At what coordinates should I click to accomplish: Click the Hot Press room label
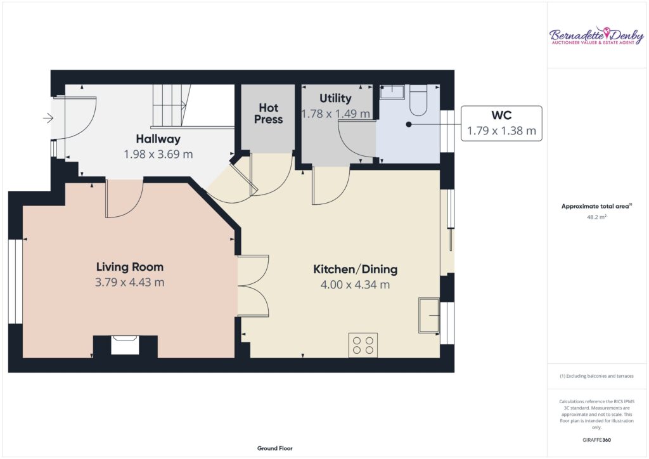pos(268,113)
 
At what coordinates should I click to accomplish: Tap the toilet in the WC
pos(418,100)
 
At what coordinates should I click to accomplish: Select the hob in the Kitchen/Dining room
pos(363,345)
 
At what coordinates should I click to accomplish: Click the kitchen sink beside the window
pos(429,315)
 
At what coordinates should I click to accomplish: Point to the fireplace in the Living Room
pos(125,345)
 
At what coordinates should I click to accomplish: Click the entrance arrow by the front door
pos(48,119)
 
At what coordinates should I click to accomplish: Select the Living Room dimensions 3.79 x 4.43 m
pos(129,282)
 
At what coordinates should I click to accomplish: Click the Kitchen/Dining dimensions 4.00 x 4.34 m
pos(355,285)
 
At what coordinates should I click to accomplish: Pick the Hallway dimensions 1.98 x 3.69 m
pos(158,155)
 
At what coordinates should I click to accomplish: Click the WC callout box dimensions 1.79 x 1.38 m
pos(502,131)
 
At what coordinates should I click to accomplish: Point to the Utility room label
pos(335,98)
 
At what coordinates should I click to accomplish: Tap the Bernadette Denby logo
pos(596,36)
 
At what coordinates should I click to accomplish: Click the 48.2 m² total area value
pos(596,217)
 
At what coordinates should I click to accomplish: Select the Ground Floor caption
pos(275,448)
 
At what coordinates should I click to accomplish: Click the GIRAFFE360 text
pos(596,440)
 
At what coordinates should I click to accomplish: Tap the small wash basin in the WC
pos(392,92)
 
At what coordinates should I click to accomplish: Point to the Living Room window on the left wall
pos(15,281)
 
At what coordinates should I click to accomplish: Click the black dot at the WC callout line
pos(409,124)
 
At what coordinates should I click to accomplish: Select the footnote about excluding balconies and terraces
pos(596,376)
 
